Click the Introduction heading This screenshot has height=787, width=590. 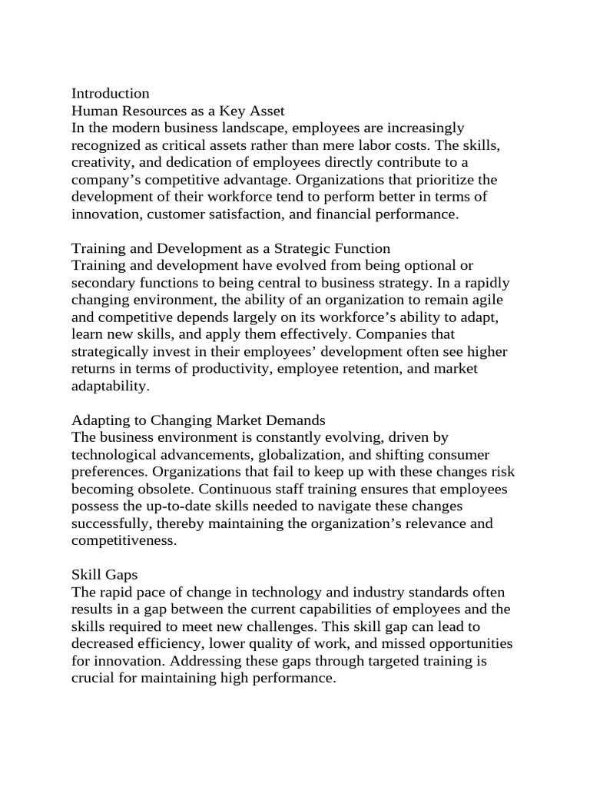click(x=111, y=94)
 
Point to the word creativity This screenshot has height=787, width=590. click(x=104, y=163)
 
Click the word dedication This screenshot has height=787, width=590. click(x=200, y=163)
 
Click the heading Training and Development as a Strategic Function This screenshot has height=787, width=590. click(x=230, y=248)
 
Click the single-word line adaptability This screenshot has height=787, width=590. click(x=110, y=387)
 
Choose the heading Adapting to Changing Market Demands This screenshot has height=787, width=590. click(x=198, y=420)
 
